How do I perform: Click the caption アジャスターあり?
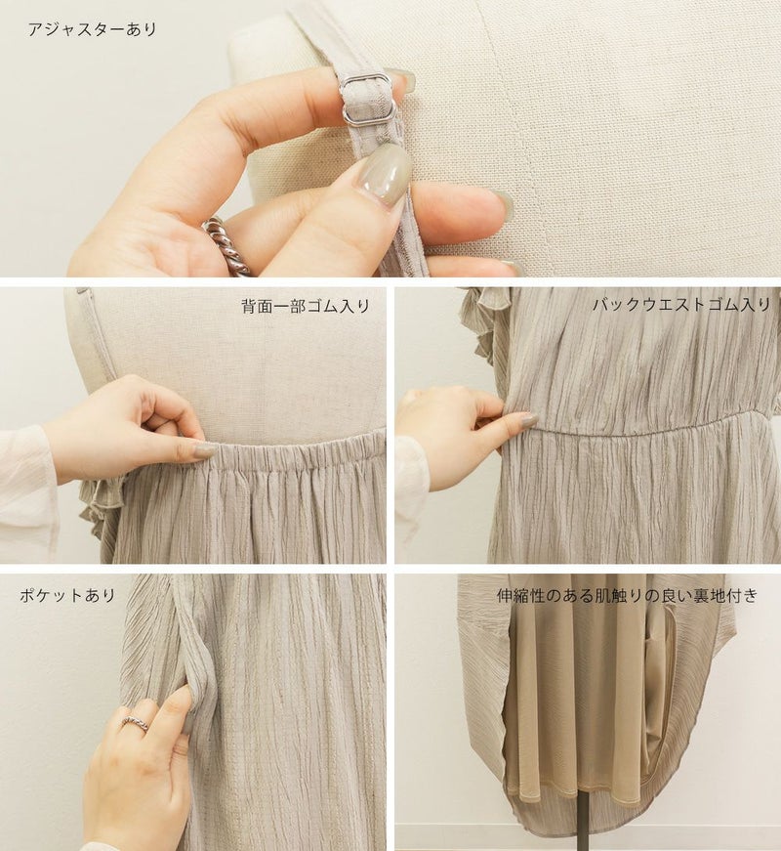(92, 28)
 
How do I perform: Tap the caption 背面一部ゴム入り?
(306, 306)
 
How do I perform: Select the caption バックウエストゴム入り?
(681, 305)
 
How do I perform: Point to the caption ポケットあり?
(67, 595)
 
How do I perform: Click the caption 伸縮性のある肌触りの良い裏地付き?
(627, 596)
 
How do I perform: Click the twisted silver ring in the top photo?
(228, 243)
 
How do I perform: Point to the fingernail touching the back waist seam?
(524, 418)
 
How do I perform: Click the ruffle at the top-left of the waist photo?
(477, 315)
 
